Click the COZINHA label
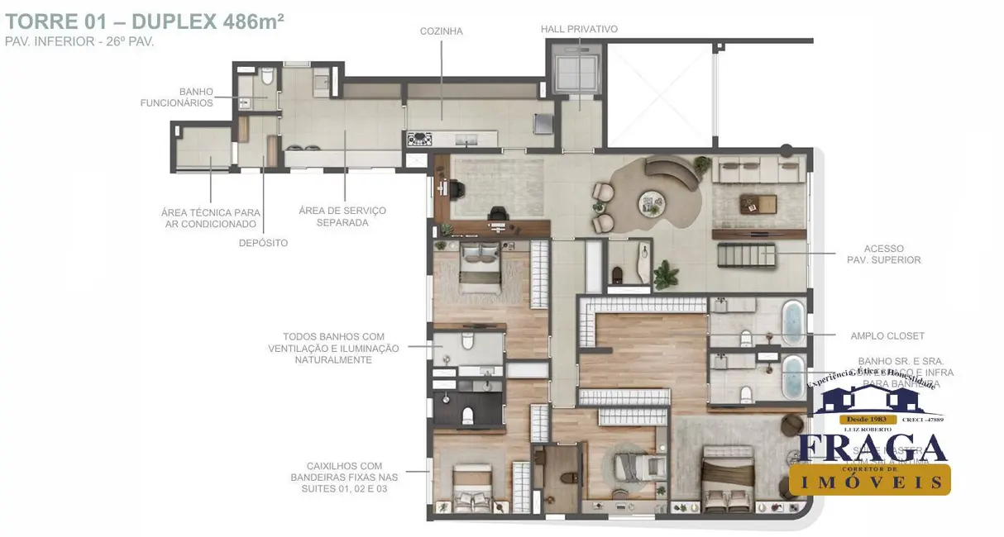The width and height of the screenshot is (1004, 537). coord(441,31)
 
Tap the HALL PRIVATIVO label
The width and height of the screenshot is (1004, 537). coord(579,30)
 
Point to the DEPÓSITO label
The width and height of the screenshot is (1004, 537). coord(263,243)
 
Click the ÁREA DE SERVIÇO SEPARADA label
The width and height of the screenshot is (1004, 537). coord(342,216)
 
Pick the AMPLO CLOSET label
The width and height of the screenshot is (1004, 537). coord(887,336)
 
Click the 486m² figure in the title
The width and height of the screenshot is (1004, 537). coord(253,21)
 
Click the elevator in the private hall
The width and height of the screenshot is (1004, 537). coord(578,75)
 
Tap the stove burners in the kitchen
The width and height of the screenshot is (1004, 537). coord(419,140)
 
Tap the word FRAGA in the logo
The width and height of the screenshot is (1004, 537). coord(873,448)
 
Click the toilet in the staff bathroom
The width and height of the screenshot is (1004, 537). coord(266,78)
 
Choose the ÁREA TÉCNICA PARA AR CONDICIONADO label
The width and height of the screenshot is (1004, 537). coord(210,218)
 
